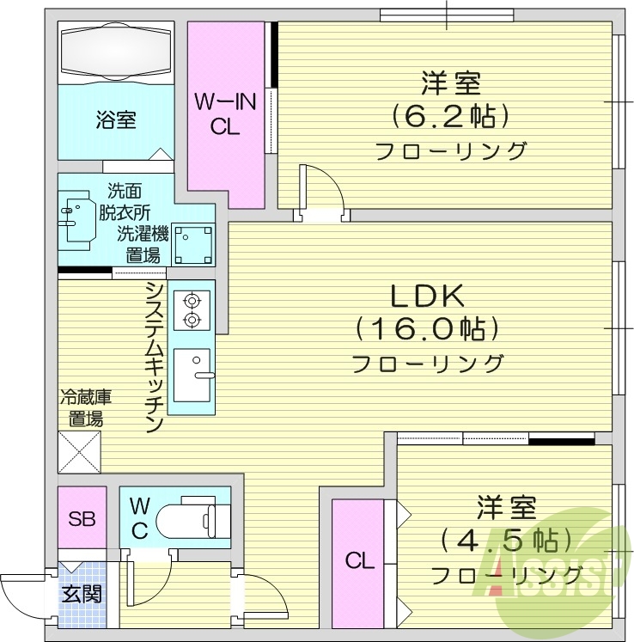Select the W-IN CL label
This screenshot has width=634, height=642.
[x=224, y=113]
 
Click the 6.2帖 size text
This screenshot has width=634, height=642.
[x=449, y=115]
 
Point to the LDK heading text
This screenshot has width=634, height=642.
[x=427, y=297]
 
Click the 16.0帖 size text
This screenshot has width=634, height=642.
[x=427, y=329]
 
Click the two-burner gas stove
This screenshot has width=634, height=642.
[x=191, y=309]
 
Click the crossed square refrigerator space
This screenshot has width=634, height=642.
[x=79, y=450]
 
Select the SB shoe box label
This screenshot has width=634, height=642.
[x=82, y=518]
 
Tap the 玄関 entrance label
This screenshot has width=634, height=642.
[x=82, y=593]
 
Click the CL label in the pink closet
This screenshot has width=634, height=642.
[x=360, y=562]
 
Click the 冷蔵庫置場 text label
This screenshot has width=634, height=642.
[x=86, y=408]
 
